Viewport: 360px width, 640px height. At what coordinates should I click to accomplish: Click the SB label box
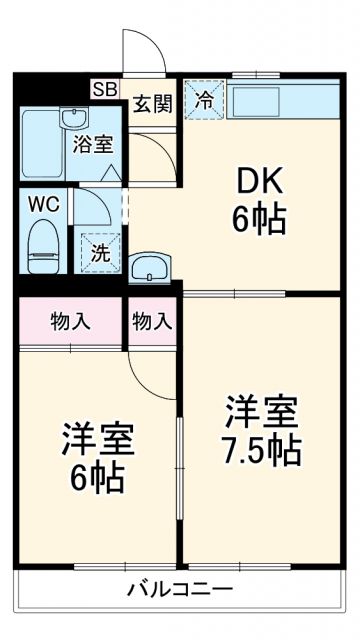tap(105, 89)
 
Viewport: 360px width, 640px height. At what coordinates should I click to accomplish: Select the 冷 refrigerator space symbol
tap(204, 100)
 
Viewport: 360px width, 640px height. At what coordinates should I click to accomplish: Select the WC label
tap(43, 203)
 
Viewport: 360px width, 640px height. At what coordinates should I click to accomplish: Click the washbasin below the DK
tap(151, 267)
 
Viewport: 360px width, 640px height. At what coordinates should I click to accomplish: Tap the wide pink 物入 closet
tap(71, 321)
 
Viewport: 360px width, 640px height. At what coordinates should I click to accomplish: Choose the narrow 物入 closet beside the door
tap(152, 321)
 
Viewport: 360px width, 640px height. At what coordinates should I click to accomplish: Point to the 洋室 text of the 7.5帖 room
tap(263, 411)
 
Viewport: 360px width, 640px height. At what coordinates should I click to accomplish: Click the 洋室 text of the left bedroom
tap(97, 440)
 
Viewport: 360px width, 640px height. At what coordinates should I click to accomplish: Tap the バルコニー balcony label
tap(180, 588)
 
